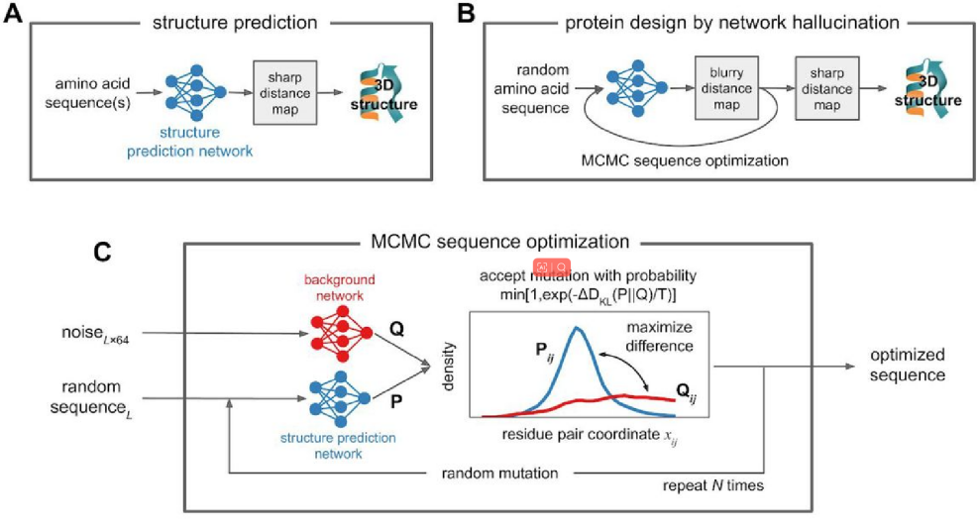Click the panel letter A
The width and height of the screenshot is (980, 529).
[x=15, y=17]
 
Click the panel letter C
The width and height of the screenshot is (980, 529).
[x=101, y=252]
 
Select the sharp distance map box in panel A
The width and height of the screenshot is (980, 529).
[x=282, y=91]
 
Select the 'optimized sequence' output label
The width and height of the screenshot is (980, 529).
[x=907, y=364]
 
